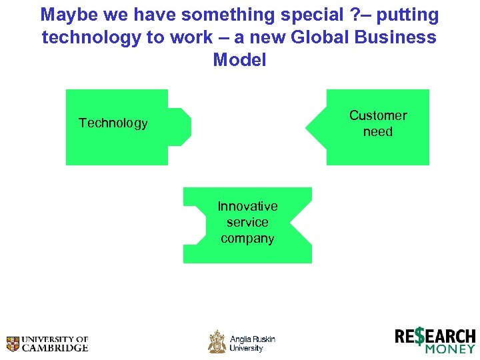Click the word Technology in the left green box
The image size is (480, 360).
click(113, 123)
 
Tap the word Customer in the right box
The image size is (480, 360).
click(378, 115)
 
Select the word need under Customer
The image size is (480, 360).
click(378, 132)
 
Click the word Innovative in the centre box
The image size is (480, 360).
click(247, 206)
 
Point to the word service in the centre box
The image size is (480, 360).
click(247, 222)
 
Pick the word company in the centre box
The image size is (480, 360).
click(247, 238)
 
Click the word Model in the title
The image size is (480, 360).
click(239, 60)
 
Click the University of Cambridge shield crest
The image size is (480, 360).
click(13, 343)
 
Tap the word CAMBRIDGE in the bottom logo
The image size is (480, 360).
click(56, 348)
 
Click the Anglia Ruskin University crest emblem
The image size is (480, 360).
click(217, 341)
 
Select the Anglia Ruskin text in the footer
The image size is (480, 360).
click(253, 339)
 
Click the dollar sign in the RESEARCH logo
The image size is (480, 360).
click(419, 337)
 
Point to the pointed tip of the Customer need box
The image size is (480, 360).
click(307, 127)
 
